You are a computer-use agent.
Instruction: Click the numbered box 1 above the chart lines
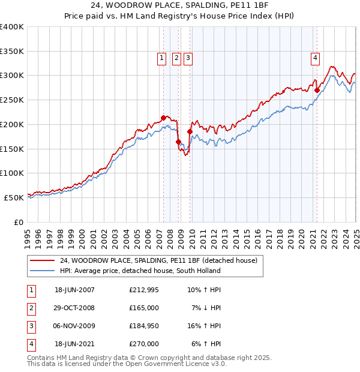point(162,58)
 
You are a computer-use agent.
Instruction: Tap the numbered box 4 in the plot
point(315,58)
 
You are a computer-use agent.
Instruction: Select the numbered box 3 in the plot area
point(188,58)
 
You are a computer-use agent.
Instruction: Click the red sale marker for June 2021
point(317,90)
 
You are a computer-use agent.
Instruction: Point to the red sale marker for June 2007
point(163,118)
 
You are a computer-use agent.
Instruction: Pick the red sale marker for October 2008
point(178,142)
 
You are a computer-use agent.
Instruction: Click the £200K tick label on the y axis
point(12,124)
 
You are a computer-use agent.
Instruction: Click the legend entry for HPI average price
point(139,271)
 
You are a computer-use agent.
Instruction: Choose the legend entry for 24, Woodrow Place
point(158,260)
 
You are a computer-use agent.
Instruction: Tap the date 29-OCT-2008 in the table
point(75,308)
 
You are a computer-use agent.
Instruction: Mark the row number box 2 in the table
point(30,308)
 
